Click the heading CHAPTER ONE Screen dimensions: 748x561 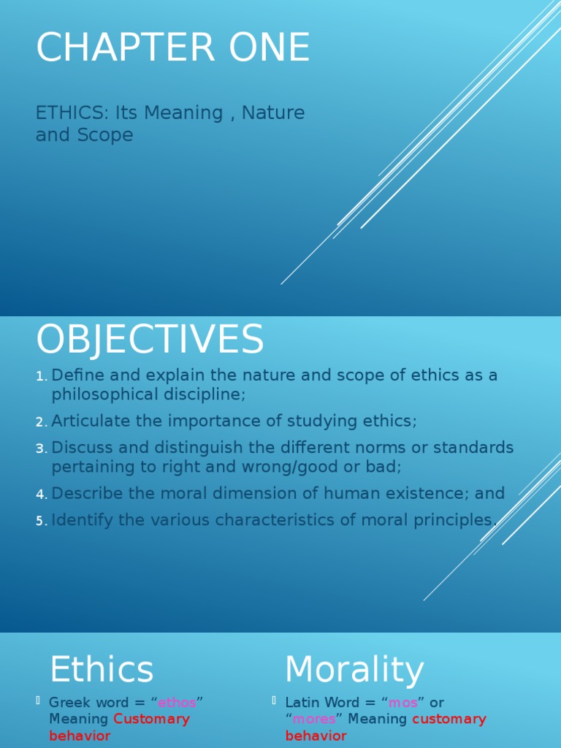click(173, 48)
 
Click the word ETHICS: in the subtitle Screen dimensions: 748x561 click(71, 113)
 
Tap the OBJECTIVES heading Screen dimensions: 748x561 click(150, 340)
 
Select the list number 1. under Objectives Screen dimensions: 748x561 click(41, 377)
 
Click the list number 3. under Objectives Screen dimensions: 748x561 click(41, 449)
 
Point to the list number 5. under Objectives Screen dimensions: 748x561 click(41, 521)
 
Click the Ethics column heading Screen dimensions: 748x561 click(102, 670)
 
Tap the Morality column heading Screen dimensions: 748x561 click(354, 670)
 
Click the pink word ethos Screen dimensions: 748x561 click(177, 703)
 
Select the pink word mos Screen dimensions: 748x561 click(402, 703)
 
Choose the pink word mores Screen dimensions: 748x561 click(313, 720)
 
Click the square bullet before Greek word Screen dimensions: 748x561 click(38, 701)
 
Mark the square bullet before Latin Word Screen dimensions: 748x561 click(274, 701)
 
